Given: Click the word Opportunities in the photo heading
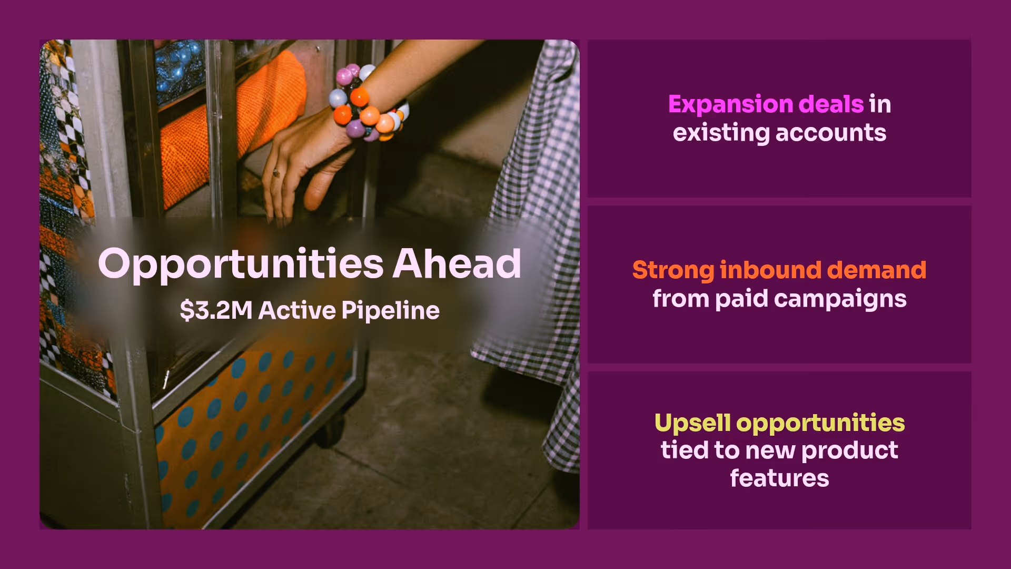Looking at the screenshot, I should tap(241, 263).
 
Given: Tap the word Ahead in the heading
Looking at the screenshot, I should tap(457, 263).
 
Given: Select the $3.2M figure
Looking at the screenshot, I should tap(216, 310).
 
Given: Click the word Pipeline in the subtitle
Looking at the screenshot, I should tap(390, 310).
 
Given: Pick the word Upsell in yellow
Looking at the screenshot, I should tap(692, 423).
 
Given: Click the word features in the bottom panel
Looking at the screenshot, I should tap(779, 478).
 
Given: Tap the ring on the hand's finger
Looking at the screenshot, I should tap(276, 173).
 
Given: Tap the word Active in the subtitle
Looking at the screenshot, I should tap(297, 310).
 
